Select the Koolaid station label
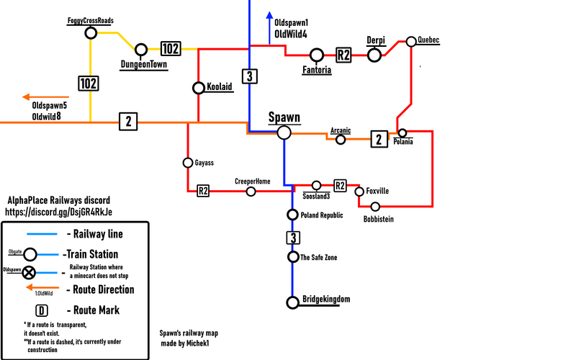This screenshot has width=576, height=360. pos(220,86)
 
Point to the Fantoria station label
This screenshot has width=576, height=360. pos(317,70)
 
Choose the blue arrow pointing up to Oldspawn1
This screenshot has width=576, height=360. pos(269,28)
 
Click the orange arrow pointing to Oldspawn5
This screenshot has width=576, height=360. pos(45,97)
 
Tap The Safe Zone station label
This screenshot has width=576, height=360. pos(318,258)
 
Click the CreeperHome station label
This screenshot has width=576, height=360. pos(253,181)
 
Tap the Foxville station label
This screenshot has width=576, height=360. pos(377,191)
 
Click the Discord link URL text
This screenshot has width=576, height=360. pos(58,212)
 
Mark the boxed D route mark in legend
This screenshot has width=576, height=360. pos(42,311)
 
